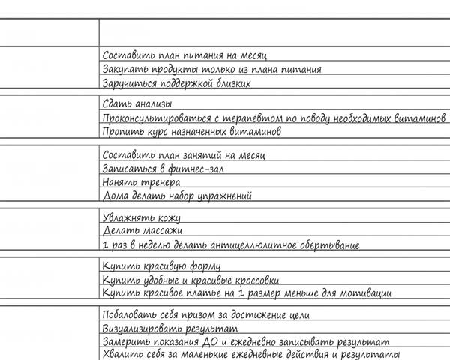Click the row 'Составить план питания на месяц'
tap(184, 55)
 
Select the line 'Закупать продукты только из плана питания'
tap(211, 69)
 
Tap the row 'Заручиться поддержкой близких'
tap(175, 83)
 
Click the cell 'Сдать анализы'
tap(136, 104)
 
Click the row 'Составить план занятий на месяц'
tap(183, 154)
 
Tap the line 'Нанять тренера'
tap(140, 182)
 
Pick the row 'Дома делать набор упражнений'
tap(176, 196)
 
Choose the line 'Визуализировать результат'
tap(169, 328)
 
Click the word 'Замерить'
tap(124, 342)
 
